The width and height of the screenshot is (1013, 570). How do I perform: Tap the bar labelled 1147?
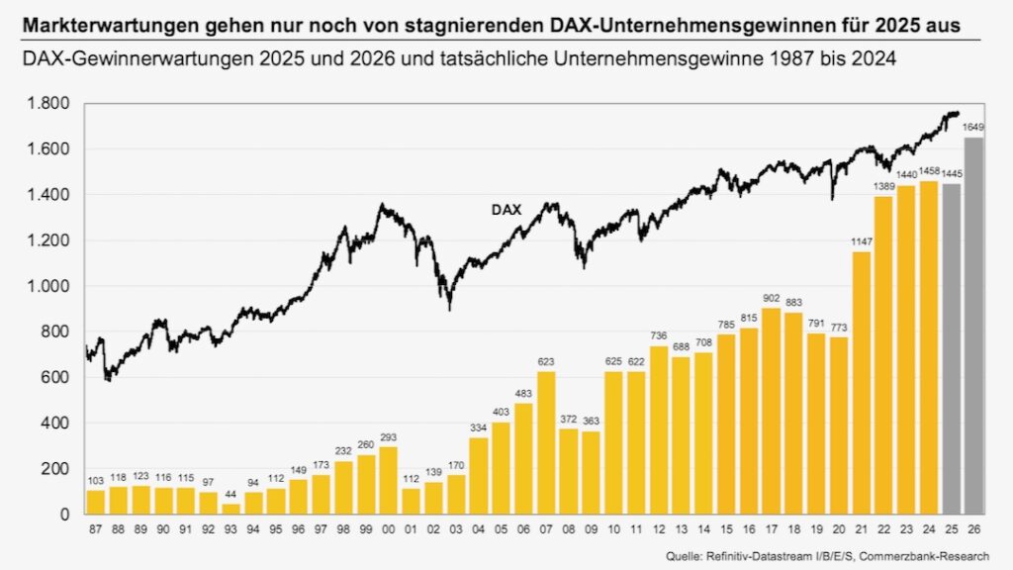pos(862,382)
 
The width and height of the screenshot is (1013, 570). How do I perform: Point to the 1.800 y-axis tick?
pos(48,104)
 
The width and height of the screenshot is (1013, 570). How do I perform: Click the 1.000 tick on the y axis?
pos(48,286)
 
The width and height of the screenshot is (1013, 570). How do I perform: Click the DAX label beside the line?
pos(506,210)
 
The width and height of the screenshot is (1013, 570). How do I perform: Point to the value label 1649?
pos(972,128)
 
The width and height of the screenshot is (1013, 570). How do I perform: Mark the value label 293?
pos(388,436)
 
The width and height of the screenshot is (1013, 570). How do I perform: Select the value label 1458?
pos(929,171)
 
